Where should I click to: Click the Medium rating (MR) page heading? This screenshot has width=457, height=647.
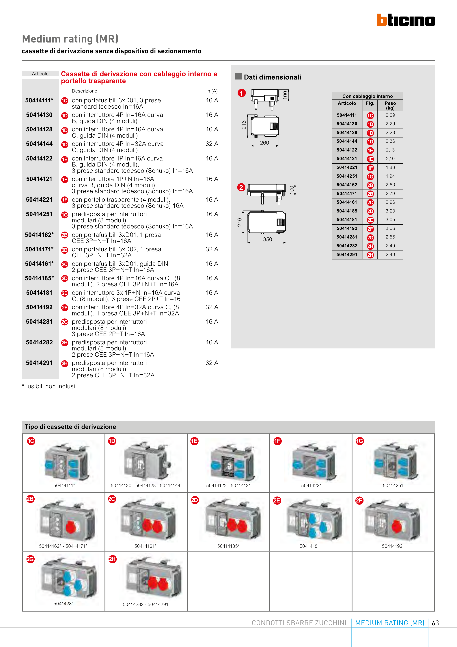tap(70, 39)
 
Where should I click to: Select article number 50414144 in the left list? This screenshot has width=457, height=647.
tap(39, 144)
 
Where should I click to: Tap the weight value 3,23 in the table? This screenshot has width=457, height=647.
tap(390, 211)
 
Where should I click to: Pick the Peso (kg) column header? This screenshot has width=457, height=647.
tap(390, 105)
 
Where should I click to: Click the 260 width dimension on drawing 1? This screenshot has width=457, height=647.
tap(264, 143)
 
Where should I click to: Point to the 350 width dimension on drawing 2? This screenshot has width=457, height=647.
tap(268, 240)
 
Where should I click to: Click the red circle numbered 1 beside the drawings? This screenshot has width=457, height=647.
tap(242, 93)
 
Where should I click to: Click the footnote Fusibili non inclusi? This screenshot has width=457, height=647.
tap(49, 386)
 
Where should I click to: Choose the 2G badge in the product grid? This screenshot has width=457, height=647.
tap(30, 559)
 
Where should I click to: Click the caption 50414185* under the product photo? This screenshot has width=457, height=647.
tap(228, 546)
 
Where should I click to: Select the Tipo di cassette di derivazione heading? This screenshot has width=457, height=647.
tap(70, 427)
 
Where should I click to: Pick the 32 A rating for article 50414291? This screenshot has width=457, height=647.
tap(212, 363)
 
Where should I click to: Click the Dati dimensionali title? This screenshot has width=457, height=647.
tap(272, 77)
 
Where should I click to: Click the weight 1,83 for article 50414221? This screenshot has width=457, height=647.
tap(390, 167)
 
